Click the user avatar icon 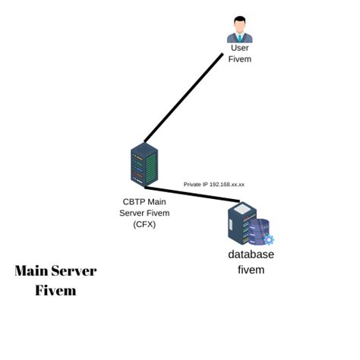pyautogui.click(x=239, y=29)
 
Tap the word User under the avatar pyautogui.click(x=239, y=48)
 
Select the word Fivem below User pyautogui.click(x=239, y=59)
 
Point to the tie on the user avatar pyautogui.click(x=239, y=36)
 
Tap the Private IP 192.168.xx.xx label pyautogui.click(x=213, y=185)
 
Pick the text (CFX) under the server pyautogui.click(x=144, y=224)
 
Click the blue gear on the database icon pyautogui.click(x=268, y=239)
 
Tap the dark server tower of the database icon pyautogui.click(x=242, y=223)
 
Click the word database pyautogui.click(x=251, y=254)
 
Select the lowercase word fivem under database pyautogui.click(x=251, y=270)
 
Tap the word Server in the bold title pyautogui.click(x=74, y=271)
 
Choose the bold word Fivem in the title pyautogui.click(x=55, y=290)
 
